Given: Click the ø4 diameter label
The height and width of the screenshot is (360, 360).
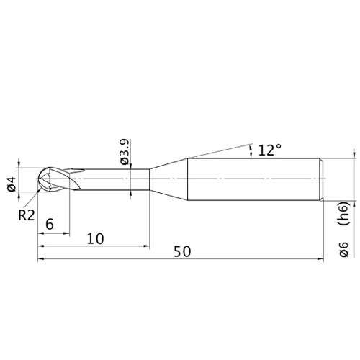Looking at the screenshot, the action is [x=12, y=184].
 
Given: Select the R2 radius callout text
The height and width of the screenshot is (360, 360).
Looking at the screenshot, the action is [x=27, y=215].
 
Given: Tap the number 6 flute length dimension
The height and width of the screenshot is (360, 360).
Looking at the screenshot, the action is [x=50, y=225].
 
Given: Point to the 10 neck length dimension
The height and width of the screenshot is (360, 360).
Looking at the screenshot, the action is [x=95, y=238].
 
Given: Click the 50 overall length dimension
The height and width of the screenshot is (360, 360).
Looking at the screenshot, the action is [x=182, y=251].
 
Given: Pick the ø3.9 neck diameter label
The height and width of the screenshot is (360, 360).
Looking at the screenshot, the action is [x=125, y=152].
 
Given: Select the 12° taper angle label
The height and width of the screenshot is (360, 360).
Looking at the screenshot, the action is [x=269, y=150].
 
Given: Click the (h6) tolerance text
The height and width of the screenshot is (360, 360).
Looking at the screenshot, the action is [x=345, y=213].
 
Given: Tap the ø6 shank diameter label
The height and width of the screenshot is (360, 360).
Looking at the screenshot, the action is [x=343, y=249].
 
